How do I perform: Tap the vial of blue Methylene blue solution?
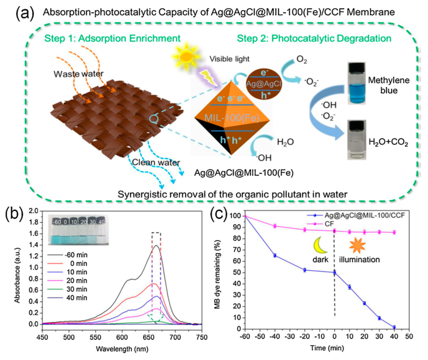pos(357,83)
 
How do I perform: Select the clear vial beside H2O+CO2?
pos(357,140)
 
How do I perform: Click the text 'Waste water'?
pos(79,74)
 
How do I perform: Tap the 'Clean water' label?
pos(156,163)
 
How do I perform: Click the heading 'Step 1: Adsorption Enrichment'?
pos(113,39)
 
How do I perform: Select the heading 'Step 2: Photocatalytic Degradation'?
pos(314,39)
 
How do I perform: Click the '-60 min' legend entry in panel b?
pos(68,255)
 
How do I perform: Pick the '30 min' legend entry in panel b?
pos(68,289)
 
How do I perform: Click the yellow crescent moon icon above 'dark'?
pos(320,245)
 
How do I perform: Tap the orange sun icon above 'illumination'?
pos(358,245)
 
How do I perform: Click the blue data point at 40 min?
pos(394,327)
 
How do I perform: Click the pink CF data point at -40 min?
pos(275,226)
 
